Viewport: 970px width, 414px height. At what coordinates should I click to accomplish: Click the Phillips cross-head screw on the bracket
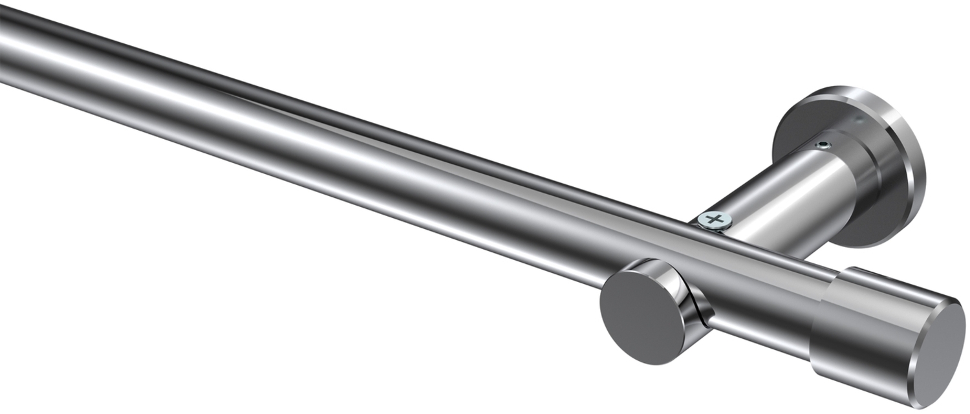[715, 220]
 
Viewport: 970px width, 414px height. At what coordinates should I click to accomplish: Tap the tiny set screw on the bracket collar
[823, 146]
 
